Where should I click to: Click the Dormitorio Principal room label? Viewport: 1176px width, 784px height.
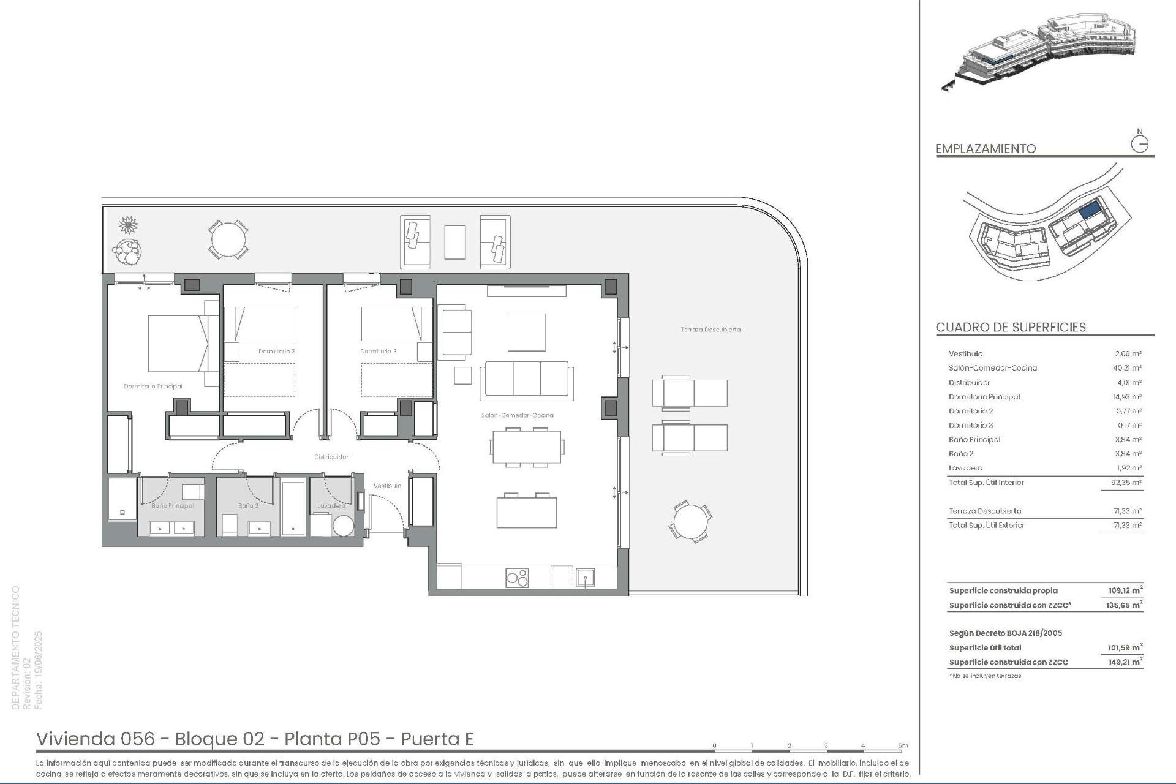(x=153, y=386)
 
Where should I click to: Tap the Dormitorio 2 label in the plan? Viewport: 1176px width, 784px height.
(x=276, y=352)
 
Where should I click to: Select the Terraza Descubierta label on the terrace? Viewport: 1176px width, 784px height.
(x=710, y=330)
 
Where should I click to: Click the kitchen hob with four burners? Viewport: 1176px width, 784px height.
(x=517, y=578)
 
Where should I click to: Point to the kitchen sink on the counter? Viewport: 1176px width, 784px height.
(x=585, y=578)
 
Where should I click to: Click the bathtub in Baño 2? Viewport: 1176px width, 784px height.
(x=293, y=508)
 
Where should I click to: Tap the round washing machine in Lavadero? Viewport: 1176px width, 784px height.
(x=343, y=526)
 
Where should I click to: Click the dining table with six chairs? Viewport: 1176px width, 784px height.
(x=526, y=447)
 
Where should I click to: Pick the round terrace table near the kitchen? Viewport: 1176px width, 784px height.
(x=690, y=522)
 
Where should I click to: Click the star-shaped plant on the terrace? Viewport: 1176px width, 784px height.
(x=128, y=225)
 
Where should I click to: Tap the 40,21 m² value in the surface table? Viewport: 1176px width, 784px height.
(x=1127, y=368)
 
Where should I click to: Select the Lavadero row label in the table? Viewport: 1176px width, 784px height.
(x=965, y=468)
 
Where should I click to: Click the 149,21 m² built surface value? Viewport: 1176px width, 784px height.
(x=1125, y=662)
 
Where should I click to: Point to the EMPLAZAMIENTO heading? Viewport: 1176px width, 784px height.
(x=985, y=149)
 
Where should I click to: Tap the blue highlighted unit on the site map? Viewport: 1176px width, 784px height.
(x=1088, y=211)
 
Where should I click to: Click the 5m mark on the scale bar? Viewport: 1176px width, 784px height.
(x=903, y=746)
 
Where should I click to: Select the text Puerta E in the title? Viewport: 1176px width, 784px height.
(x=437, y=739)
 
